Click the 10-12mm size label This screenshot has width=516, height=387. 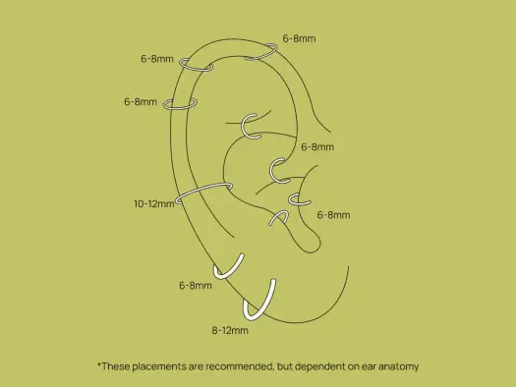[x=154, y=204]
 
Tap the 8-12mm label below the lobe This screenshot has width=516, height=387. [x=230, y=330]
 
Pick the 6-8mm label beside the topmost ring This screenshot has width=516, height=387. [x=299, y=38]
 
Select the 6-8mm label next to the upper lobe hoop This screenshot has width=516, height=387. [x=196, y=285]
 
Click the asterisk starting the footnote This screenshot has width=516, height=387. [x=99, y=364]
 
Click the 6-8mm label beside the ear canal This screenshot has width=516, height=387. [x=317, y=146]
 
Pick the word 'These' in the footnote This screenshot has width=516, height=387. [x=116, y=366]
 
